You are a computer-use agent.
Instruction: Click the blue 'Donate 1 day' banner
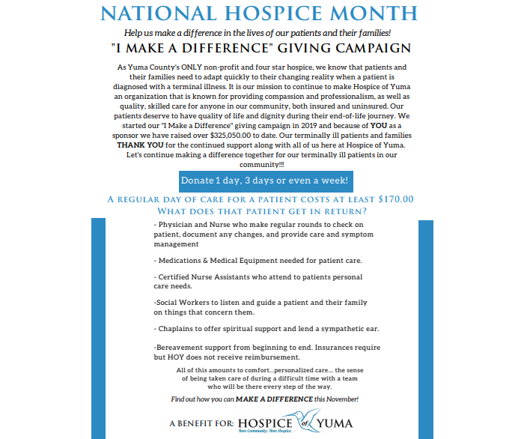264,181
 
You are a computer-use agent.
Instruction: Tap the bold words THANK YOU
138,145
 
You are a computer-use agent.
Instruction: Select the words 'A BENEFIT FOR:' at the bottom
201,424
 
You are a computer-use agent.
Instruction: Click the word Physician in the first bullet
178,225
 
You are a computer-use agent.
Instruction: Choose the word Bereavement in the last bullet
180,348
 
